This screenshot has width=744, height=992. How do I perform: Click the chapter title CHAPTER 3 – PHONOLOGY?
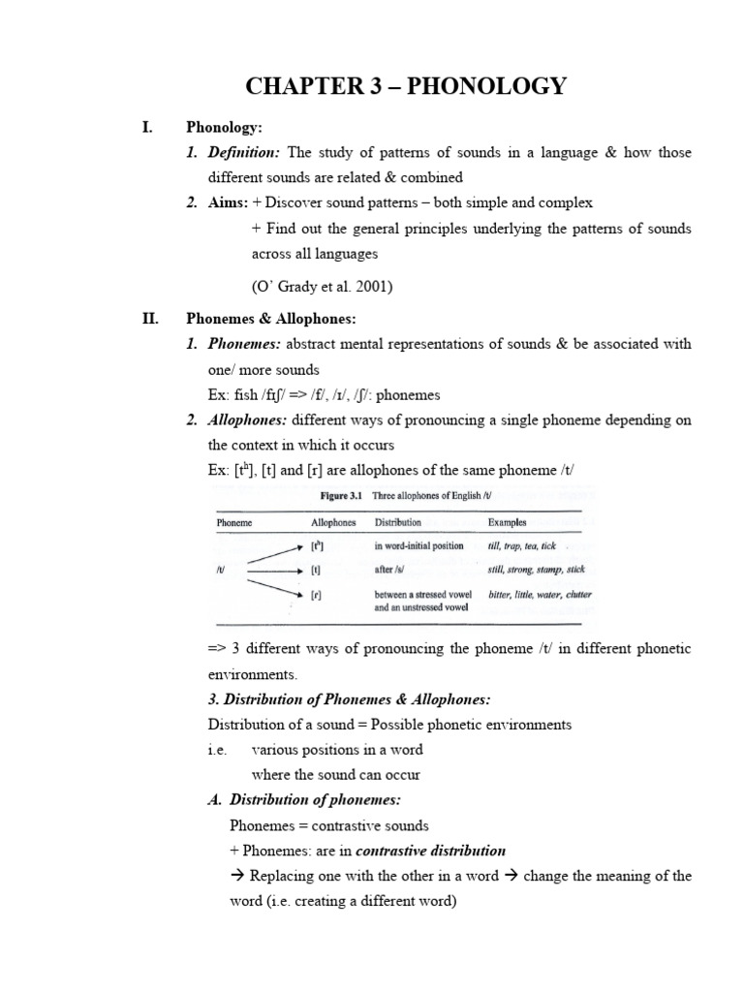tap(406, 86)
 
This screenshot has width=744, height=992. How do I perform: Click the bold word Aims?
tap(227, 202)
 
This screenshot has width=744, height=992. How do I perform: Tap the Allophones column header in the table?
tap(333, 522)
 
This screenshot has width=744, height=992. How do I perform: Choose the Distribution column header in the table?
tap(398, 522)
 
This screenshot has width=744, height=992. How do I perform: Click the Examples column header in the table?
tap(508, 522)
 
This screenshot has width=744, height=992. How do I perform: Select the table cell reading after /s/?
tap(391, 570)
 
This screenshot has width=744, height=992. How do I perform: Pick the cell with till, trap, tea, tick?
tap(522, 545)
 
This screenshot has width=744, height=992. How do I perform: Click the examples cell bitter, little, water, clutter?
tap(540, 594)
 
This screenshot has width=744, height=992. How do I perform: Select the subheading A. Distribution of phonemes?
tap(304, 799)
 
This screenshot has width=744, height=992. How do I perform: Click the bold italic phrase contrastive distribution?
tap(431, 851)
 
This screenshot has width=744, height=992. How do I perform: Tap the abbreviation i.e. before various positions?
tap(216, 749)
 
